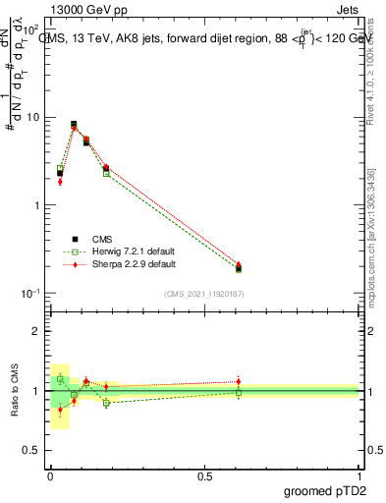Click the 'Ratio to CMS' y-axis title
[15, 390]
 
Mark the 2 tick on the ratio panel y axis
[36, 331]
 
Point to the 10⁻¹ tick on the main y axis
[32, 294]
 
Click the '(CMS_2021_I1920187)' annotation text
[204, 294]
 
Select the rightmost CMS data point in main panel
[238, 268]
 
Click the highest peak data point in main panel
[75, 125]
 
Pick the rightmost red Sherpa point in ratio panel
[238, 381]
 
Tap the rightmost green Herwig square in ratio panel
[238, 393]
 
